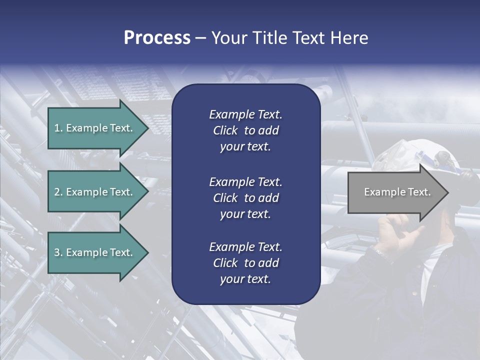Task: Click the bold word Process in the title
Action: click(157, 38)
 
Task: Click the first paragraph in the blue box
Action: click(245, 130)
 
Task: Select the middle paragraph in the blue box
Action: click(245, 197)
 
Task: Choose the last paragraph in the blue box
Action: click(245, 262)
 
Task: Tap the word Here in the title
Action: click(349, 38)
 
